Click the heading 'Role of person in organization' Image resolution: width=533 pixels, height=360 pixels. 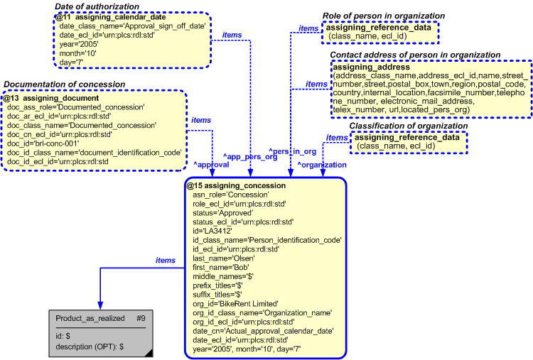point(380,15)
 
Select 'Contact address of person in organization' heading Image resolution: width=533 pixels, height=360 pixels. point(415,55)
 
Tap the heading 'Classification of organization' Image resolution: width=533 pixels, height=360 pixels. point(409,126)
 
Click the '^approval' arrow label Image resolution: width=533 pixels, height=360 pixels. point(211,164)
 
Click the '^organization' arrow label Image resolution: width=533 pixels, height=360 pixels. point(321,164)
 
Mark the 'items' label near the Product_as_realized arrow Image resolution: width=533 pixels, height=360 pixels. point(165,261)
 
